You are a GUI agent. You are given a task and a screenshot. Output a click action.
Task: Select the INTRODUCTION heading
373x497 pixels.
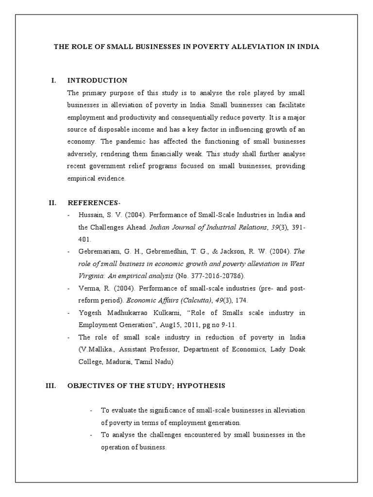click(x=97, y=81)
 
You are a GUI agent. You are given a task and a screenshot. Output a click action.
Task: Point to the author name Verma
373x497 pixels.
click(x=87, y=288)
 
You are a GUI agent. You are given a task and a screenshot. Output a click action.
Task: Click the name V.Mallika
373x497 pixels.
click(x=95, y=349)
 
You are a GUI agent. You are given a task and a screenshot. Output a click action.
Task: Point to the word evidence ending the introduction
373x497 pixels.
click(x=110, y=178)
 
